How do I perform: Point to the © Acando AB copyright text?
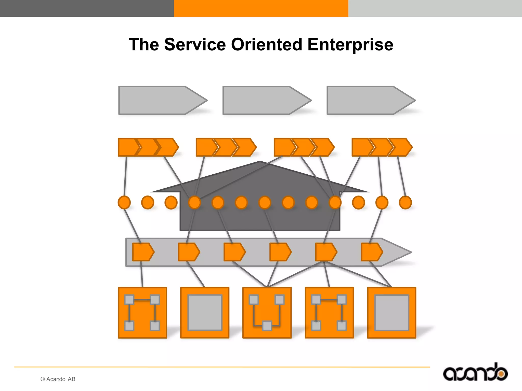tap(58, 379)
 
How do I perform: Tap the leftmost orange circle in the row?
tap(124, 203)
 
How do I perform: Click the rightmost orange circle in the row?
tap(405, 203)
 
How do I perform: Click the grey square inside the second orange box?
tap(205, 313)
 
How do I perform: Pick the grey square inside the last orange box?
tap(391, 313)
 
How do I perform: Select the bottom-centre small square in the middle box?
tap(267, 326)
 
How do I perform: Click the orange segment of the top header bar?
tap(261, 8)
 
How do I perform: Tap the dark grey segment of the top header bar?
tap(87, 8)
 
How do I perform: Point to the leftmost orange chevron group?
tap(148, 147)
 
